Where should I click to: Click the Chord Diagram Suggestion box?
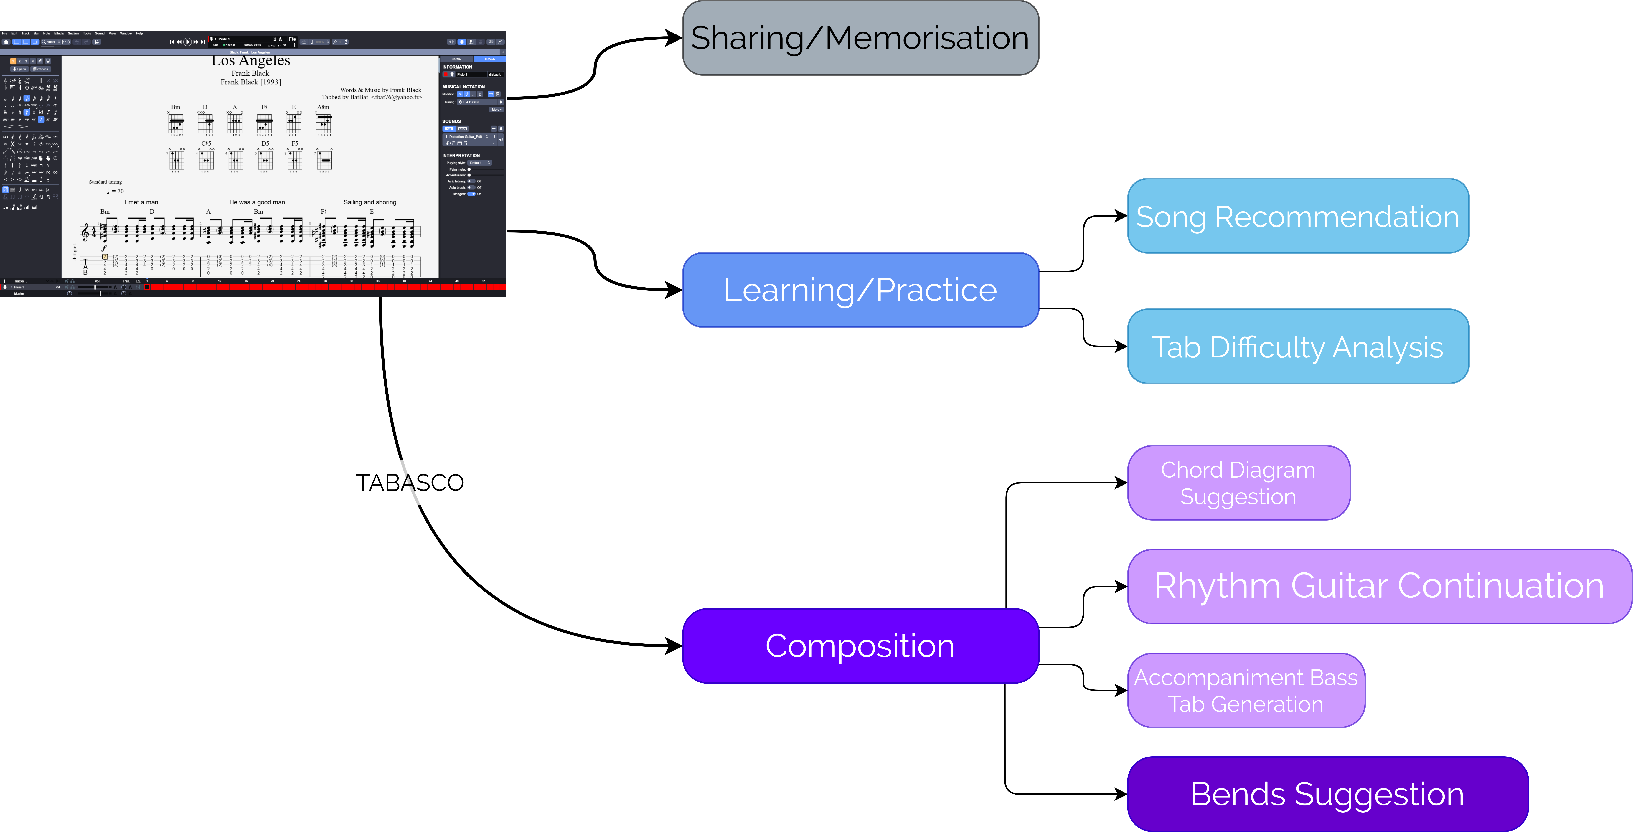1238,483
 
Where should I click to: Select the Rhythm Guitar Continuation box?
1379,586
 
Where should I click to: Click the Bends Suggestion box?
1327,794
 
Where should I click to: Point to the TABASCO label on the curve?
410,483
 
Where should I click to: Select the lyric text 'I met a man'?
141,202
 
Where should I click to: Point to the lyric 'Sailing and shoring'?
370,202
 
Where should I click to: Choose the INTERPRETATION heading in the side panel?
461,155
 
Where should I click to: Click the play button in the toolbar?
187,42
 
